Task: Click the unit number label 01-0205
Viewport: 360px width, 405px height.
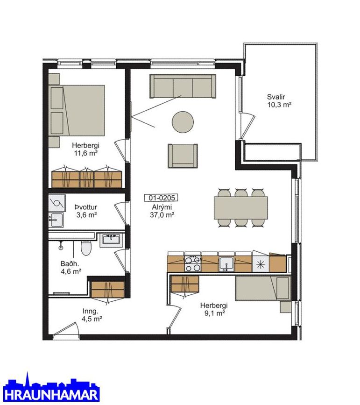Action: point(161,198)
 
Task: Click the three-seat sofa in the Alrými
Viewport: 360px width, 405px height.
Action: point(183,86)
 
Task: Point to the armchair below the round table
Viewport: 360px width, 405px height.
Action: point(183,156)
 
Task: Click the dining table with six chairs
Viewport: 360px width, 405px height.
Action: point(240,208)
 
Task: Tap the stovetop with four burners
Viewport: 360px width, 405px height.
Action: point(193,264)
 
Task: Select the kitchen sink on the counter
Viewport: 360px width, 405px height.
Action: point(226,264)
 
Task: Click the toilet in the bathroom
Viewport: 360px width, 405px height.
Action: point(86,248)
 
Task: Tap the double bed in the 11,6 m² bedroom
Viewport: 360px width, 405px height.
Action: point(77,111)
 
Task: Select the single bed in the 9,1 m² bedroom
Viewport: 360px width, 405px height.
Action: point(263,288)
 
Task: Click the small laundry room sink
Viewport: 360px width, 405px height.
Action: point(56,220)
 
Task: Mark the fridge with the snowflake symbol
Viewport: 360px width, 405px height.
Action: point(261,264)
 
